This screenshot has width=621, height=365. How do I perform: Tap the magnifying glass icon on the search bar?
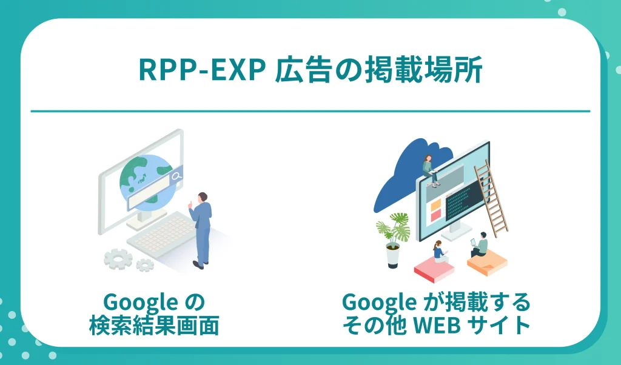176,176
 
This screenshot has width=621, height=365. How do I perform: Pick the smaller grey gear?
145,264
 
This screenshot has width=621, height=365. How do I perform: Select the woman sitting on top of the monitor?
429,168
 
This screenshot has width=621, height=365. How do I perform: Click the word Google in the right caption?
377,301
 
